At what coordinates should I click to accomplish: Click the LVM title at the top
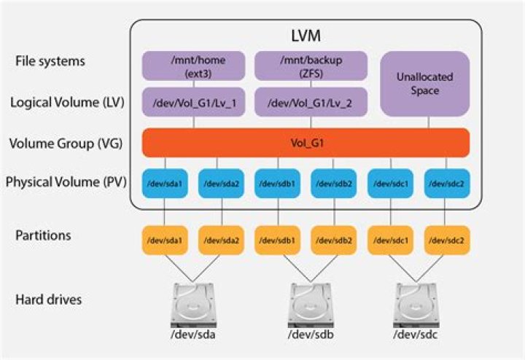click(x=304, y=34)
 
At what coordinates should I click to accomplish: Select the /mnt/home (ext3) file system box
click(x=192, y=66)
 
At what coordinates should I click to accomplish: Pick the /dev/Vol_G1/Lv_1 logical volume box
click(x=192, y=103)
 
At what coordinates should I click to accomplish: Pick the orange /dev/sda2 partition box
click(x=220, y=240)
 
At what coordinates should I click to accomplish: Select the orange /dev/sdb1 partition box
click(x=277, y=240)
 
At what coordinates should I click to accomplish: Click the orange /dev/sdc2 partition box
click(x=446, y=240)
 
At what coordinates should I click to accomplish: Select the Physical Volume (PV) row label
click(x=65, y=181)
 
